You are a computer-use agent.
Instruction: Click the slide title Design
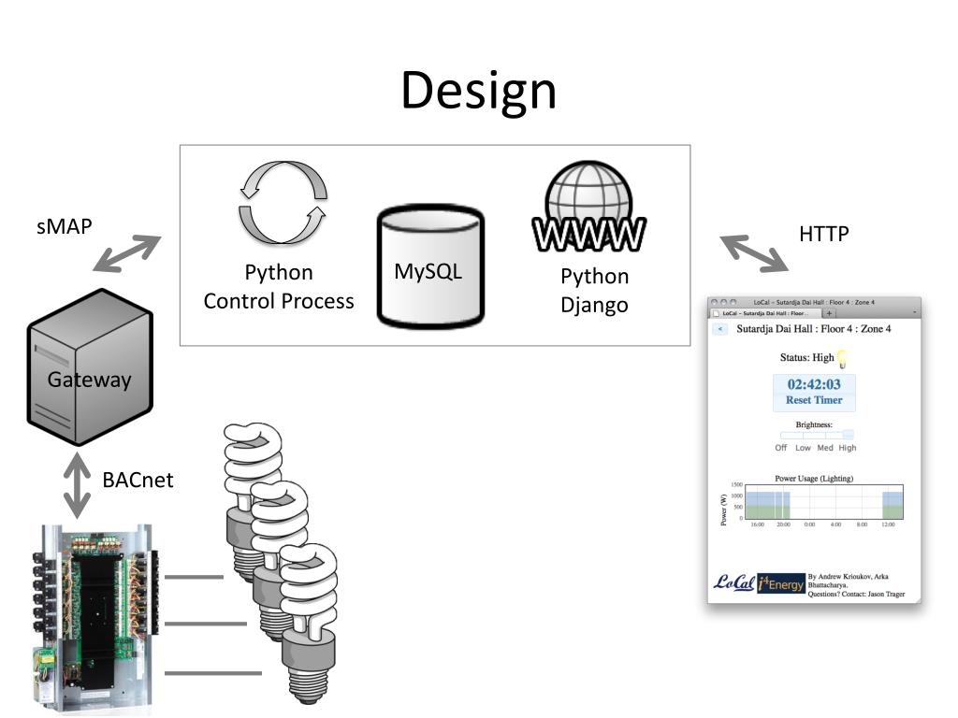(478, 92)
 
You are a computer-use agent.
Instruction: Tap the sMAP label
(65, 226)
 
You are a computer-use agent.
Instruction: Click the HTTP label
(823, 234)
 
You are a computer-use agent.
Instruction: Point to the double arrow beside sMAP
(127, 252)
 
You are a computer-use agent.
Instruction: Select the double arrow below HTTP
(753, 252)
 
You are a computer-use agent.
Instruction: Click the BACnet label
(138, 481)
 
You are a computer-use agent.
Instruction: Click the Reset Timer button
(814, 400)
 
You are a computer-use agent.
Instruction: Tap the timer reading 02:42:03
(814, 384)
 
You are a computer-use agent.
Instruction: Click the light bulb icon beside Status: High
(842, 357)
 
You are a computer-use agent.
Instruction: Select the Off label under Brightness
(781, 448)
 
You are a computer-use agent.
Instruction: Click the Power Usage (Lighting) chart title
(814, 479)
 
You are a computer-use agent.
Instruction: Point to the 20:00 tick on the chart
(784, 525)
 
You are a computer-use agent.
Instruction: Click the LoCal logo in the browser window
(733, 582)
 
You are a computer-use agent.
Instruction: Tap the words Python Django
(594, 291)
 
